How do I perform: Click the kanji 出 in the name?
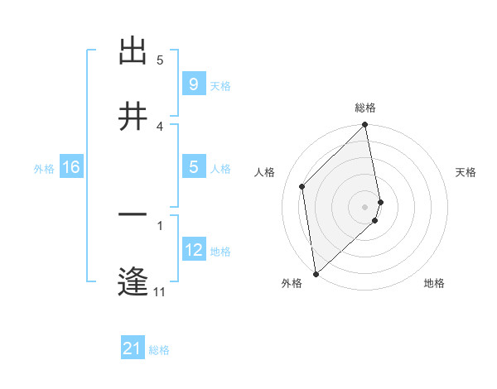tap(133, 51)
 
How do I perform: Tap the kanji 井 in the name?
tap(133, 117)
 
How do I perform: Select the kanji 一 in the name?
tap(133, 216)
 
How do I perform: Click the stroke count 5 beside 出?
tap(160, 60)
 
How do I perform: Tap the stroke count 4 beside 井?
tap(160, 126)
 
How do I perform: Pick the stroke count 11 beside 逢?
tap(159, 291)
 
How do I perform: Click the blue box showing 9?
tap(193, 84)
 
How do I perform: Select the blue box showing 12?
tap(193, 250)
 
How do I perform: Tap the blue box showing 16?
tap(70, 167)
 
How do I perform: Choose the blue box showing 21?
tap(132, 349)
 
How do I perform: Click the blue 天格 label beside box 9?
tap(220, 85)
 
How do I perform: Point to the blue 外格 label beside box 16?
tap(44, 168)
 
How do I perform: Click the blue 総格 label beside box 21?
tap(159, 350)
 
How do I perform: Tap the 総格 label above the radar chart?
tap(365, 108)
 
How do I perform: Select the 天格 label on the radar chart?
tap(466, 172)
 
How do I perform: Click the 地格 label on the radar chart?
tap(434, 283)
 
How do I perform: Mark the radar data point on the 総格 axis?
tap(365, 126)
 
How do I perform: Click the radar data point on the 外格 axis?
tap(315, 273)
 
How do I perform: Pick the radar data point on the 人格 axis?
tap(302, 186)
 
